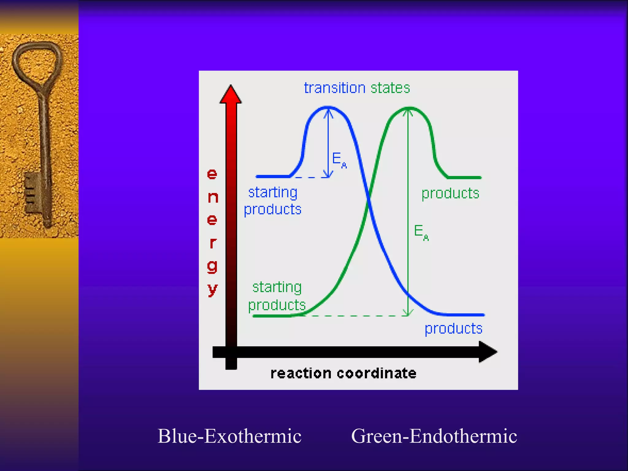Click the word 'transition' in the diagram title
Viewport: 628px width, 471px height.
coord(335,88)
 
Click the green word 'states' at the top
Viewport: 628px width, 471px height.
coord(390,88)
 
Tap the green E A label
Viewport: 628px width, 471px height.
coord(421,232)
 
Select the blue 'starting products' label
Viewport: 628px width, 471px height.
coord(273,201)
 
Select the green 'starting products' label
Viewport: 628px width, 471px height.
coord(277,296)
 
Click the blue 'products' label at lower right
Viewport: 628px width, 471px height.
coord(453,329)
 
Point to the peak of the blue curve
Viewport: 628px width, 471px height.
coord(328,107)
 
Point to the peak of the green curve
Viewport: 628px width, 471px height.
coord(408,108)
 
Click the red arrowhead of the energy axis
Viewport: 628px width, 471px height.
coord(231,94)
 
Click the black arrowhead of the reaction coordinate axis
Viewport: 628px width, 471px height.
coord(488,352)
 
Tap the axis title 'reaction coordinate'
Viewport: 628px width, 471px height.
coord(343,373)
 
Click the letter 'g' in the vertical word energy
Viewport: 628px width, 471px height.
coord(212,266)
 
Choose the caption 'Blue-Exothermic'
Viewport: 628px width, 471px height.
coord(229,436)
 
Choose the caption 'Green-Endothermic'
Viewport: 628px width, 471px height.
coord(434,436)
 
